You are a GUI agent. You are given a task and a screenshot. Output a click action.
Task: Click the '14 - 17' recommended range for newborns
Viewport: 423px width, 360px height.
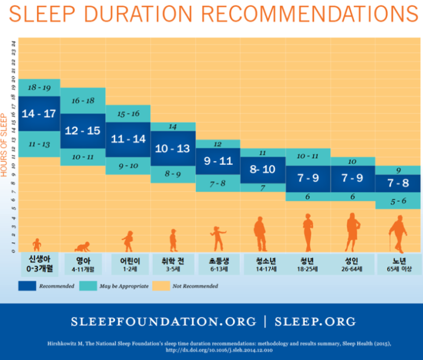(x=38, y=114)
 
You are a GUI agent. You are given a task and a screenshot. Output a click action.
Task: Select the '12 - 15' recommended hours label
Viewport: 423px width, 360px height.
(x=83, y=131)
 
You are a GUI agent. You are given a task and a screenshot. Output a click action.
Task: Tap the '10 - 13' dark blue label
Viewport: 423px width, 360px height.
(x=173, y=149)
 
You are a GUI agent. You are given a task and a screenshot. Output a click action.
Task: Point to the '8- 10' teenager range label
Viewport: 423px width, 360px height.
(x=262, y=168)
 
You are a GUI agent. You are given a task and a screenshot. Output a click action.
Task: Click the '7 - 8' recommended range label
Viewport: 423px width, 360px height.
(x=398, y=184)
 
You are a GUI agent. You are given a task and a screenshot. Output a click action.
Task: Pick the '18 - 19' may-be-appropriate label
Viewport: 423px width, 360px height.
(x=38, y=88)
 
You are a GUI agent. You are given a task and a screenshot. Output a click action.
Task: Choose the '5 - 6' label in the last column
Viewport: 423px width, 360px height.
(x=398, y=201)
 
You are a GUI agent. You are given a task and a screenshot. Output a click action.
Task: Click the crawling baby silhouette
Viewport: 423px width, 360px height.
(x=83, y=246)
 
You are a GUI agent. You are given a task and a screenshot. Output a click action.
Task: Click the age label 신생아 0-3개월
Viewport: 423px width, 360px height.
(x=39, y=263)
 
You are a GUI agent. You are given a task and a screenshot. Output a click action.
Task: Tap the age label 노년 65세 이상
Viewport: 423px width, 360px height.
(x=398, y=264)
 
